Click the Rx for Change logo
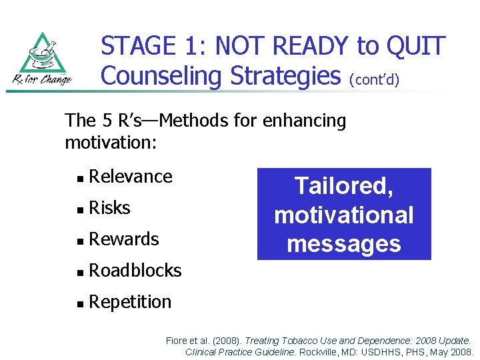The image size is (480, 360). pos(44,59)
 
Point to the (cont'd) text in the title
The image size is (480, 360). pos(374,79)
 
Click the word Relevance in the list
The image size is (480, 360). pos(131,177)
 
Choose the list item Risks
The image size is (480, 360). pos(109,208)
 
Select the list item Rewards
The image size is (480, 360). pos(124,239)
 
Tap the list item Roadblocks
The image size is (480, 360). pos(135,271)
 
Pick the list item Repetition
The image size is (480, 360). pos(130,302)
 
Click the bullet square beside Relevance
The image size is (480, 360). pos(80,178)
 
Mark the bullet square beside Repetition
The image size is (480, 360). pos(80,303)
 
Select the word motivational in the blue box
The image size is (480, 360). pos(344,215)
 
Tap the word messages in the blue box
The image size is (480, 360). pos(344,243)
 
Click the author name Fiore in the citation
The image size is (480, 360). pos(177,341)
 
